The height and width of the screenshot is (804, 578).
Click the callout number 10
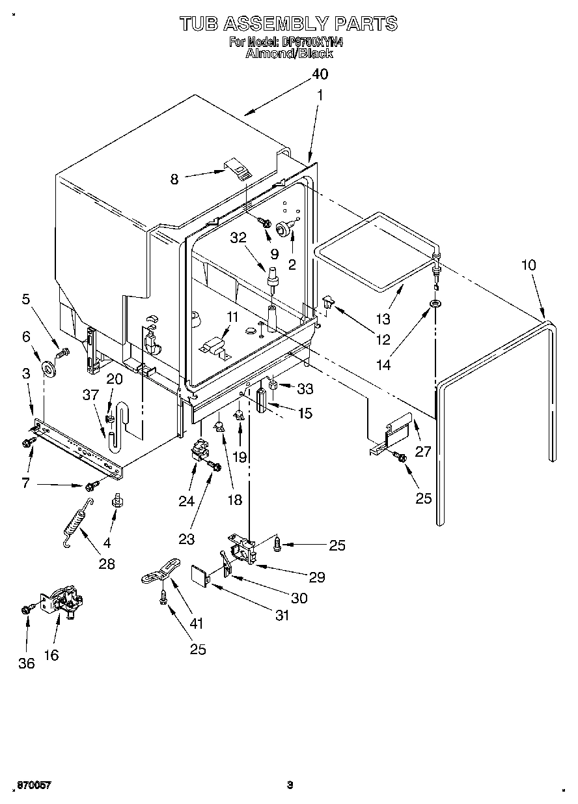[x=529, y=265]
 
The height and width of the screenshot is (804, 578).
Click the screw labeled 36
[x=26, y=609]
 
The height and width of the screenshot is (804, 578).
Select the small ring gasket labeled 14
[x=434, y=304]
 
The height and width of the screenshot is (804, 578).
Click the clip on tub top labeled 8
[x=238, y=169]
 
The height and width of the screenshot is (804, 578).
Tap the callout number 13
[x=383, y=319]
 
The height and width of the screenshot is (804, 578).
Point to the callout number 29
[x=317, y=577]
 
